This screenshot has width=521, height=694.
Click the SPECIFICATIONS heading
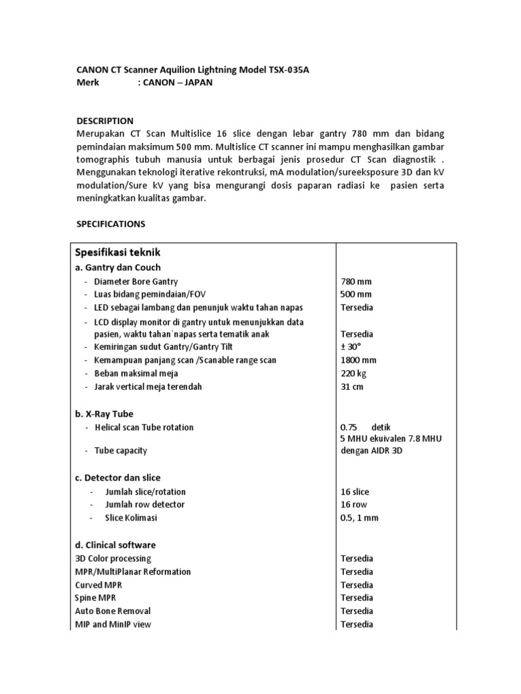tap(110, 223)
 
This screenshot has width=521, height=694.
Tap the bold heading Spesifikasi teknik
tap(118, 252)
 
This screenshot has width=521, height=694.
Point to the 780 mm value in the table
tap(355, 281)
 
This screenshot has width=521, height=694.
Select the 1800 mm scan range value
tap(358, 361)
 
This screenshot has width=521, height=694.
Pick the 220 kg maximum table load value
tap(353, 373)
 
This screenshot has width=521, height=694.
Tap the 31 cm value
tap(352, 387)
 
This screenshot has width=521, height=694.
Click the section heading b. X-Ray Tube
tap(104, 413)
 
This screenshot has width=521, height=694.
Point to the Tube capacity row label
tap(121, 450)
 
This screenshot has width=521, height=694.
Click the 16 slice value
tap(355, 492)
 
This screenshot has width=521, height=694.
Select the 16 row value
tap(354, 505)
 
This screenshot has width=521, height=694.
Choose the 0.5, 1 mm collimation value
tap(360, 518)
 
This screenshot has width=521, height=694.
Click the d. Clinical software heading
tap(115, 545)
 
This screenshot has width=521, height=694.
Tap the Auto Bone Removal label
tap(113, 611)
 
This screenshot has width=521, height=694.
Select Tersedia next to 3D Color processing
tap(357, 558)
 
